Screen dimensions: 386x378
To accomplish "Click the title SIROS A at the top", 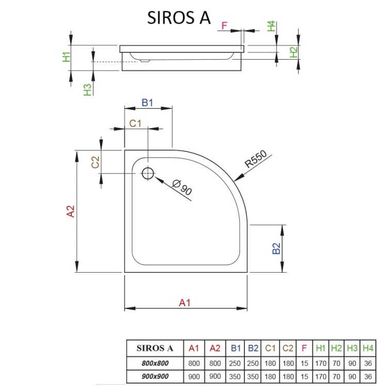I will (x=179, y=17).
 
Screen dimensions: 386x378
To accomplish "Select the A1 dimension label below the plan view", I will (x=185, y=303).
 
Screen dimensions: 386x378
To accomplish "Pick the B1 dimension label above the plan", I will (x=147, y=102).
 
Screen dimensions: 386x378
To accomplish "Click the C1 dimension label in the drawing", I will (x=136, y=123).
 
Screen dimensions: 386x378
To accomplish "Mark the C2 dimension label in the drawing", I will (x=95, y=162).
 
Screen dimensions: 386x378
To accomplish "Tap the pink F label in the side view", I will (x=224, y=26).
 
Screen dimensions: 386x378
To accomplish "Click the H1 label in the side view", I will (x=65, y=57).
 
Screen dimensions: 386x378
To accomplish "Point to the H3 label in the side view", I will (x=88, y=89).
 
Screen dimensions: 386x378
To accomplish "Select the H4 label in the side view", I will (x=271, y=26).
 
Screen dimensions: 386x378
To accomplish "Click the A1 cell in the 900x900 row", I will (x=194, y=377).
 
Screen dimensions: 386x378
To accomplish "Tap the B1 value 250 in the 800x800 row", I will (x=235, y=363).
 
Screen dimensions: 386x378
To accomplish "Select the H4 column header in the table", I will (x=367, y=348).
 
